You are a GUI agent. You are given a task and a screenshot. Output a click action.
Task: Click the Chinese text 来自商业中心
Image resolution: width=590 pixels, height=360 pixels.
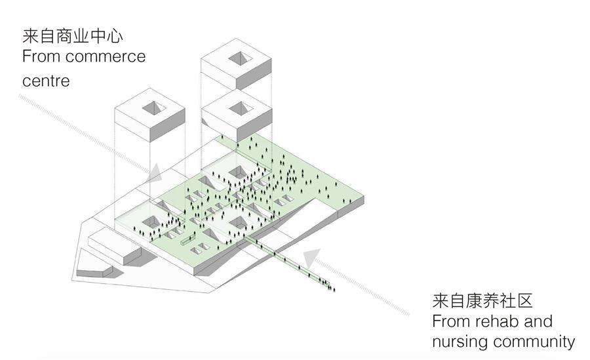point(73,34)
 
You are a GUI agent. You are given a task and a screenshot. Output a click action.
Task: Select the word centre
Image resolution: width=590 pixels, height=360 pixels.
point(46,81)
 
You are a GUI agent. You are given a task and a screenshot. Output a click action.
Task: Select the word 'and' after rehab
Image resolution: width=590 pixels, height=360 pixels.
point(538,321)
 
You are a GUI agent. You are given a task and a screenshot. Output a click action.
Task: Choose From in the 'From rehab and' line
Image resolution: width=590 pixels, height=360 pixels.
point(450,321)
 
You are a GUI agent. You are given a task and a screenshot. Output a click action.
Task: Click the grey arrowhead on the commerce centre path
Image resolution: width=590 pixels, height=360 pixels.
point(155,172)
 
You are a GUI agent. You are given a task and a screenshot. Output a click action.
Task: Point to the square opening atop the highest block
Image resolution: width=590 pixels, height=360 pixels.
point(239,57)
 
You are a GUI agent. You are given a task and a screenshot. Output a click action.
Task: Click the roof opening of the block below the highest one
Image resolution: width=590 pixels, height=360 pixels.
point(239,108)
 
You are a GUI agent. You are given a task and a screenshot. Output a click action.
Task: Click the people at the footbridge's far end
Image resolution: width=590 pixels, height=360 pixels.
point(328,284)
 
